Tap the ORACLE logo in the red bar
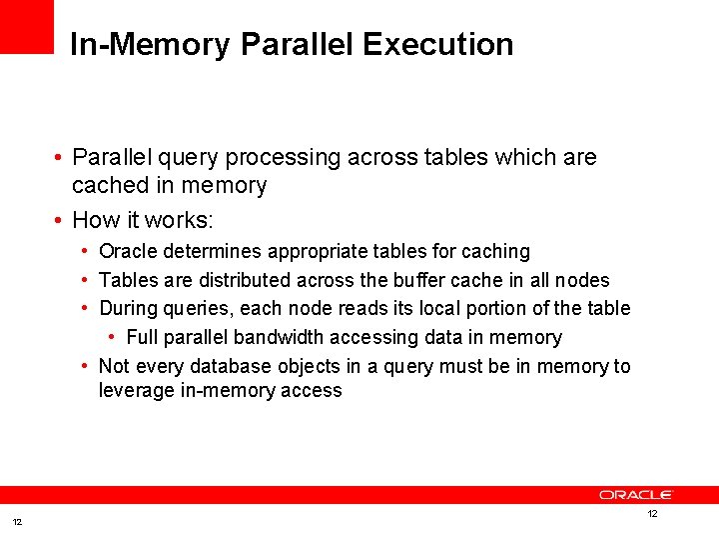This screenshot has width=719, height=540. (636, 495)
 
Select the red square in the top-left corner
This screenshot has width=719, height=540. (26, 26)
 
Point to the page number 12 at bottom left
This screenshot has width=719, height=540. (16, 522)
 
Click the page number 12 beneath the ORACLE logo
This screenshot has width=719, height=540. (652, 513)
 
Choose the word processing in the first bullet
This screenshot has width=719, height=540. (288, 158)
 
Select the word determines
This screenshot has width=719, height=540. (209, 251)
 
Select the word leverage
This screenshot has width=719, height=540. (135, 391)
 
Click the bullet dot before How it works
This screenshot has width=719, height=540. (60, 219)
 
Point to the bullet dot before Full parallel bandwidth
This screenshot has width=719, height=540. (112, 338)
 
